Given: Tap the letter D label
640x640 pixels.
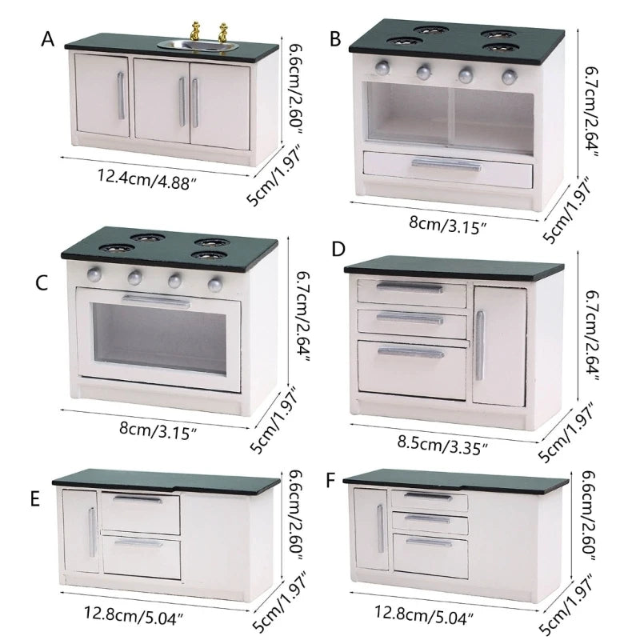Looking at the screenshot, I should [x=338, y=249].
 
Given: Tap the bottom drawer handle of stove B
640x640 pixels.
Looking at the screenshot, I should [x=446, y=166].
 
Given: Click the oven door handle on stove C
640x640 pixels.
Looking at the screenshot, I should [x=158, y=302].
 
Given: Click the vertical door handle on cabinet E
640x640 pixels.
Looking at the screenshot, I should [x=91, y=533].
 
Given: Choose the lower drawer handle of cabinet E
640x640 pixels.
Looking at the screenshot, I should [x=138, y=543].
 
